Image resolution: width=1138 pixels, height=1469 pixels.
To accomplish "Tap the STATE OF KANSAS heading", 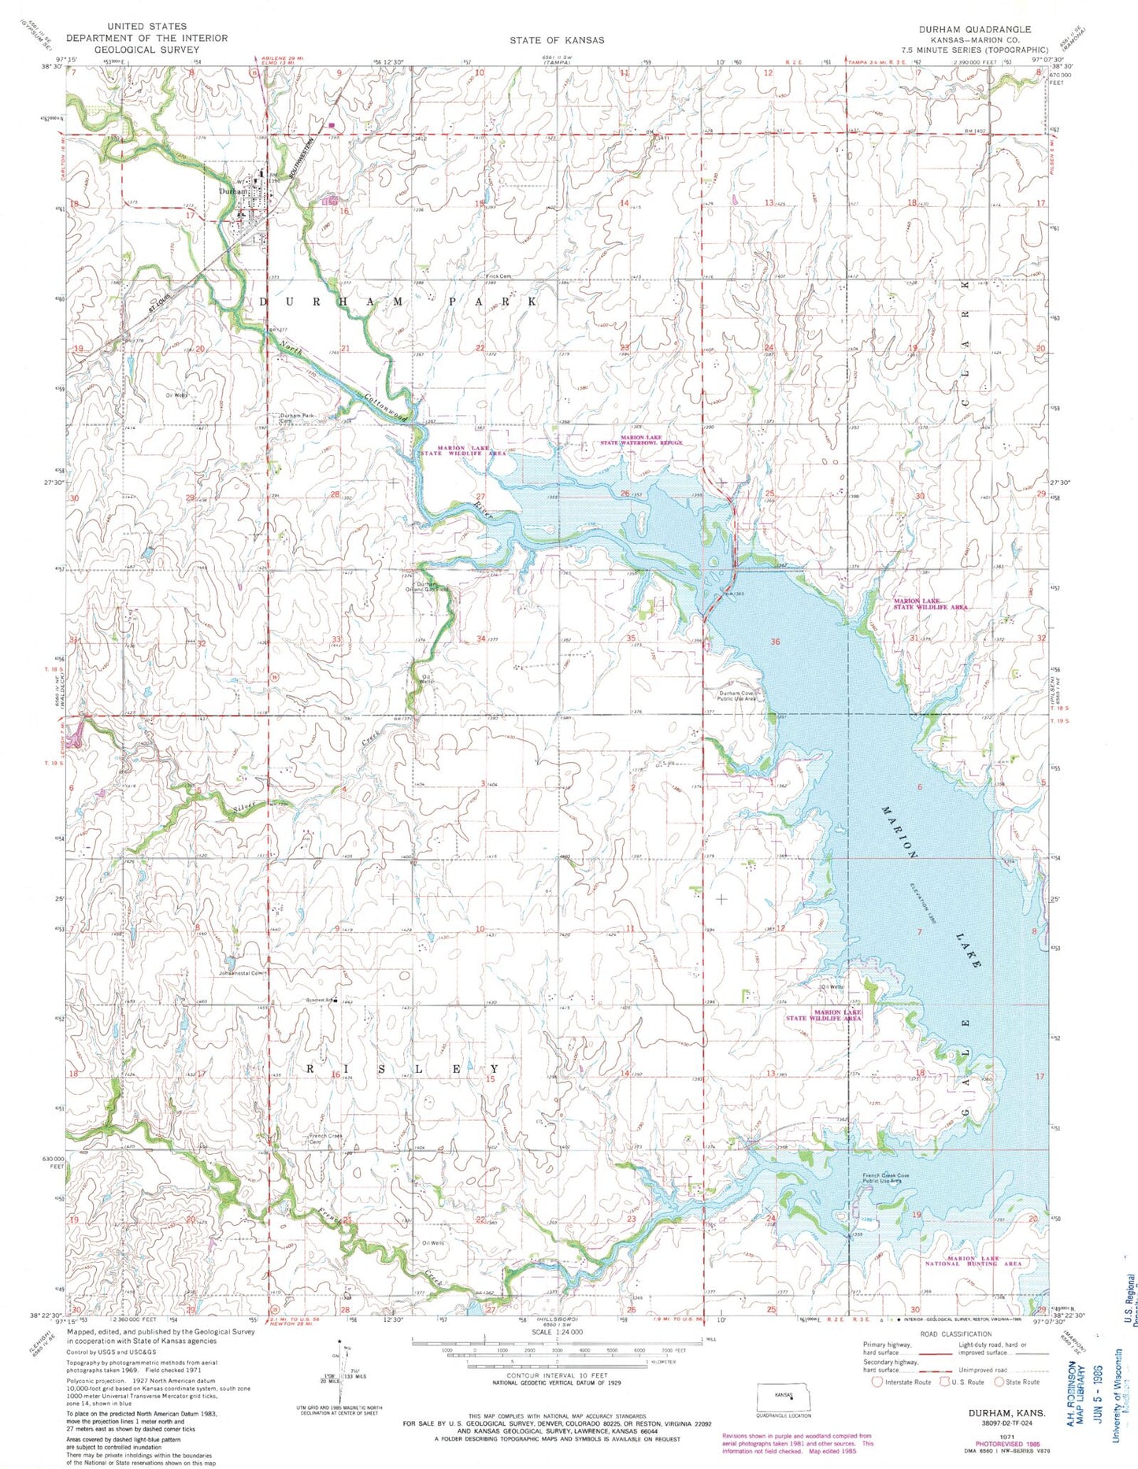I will coord(557,40).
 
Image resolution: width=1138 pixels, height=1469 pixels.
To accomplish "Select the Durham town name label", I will coord(234,191).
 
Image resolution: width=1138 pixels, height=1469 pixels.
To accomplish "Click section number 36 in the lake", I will coord(776,642).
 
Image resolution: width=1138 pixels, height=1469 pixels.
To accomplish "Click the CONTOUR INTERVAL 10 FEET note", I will coord(557,1397).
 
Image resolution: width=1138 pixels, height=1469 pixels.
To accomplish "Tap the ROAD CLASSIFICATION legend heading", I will coord(956,1334).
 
